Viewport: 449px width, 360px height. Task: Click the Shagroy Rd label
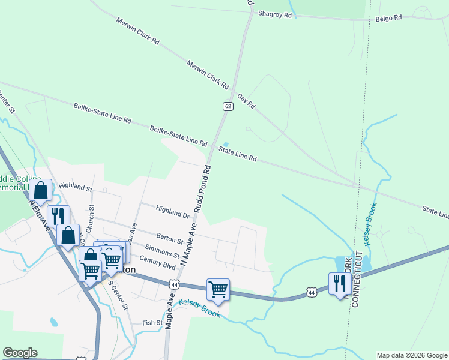pos(274,14)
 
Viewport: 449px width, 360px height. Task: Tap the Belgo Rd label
pos(388,19)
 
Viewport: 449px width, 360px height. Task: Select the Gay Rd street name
pos(246,100)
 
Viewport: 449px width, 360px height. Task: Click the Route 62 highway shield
pos(228,106)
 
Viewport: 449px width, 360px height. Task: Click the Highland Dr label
pos(172,212)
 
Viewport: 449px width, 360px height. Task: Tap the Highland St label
pos(76,187)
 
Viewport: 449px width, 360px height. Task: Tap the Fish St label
pos(152,323)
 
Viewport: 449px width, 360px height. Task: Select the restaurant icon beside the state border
pos(340,283)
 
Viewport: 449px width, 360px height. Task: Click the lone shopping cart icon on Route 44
pos(218,290)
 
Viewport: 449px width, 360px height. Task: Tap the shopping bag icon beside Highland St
pos(41,191)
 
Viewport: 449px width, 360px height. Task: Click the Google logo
pos(20,353)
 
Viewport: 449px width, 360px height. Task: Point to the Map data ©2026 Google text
pos(411,355)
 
